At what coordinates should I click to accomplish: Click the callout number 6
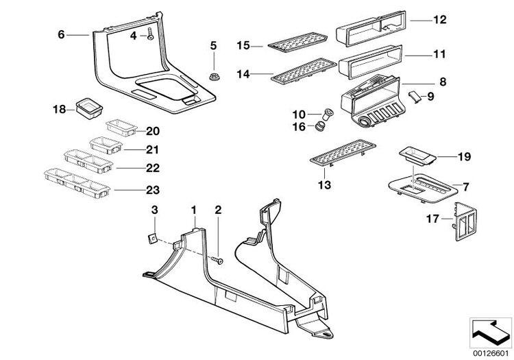(x=61, y=34)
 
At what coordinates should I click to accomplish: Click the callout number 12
(x=439, y=20)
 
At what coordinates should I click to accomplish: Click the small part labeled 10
(x=329, y=113)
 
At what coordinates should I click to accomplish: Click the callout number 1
(x=193, y=209)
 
